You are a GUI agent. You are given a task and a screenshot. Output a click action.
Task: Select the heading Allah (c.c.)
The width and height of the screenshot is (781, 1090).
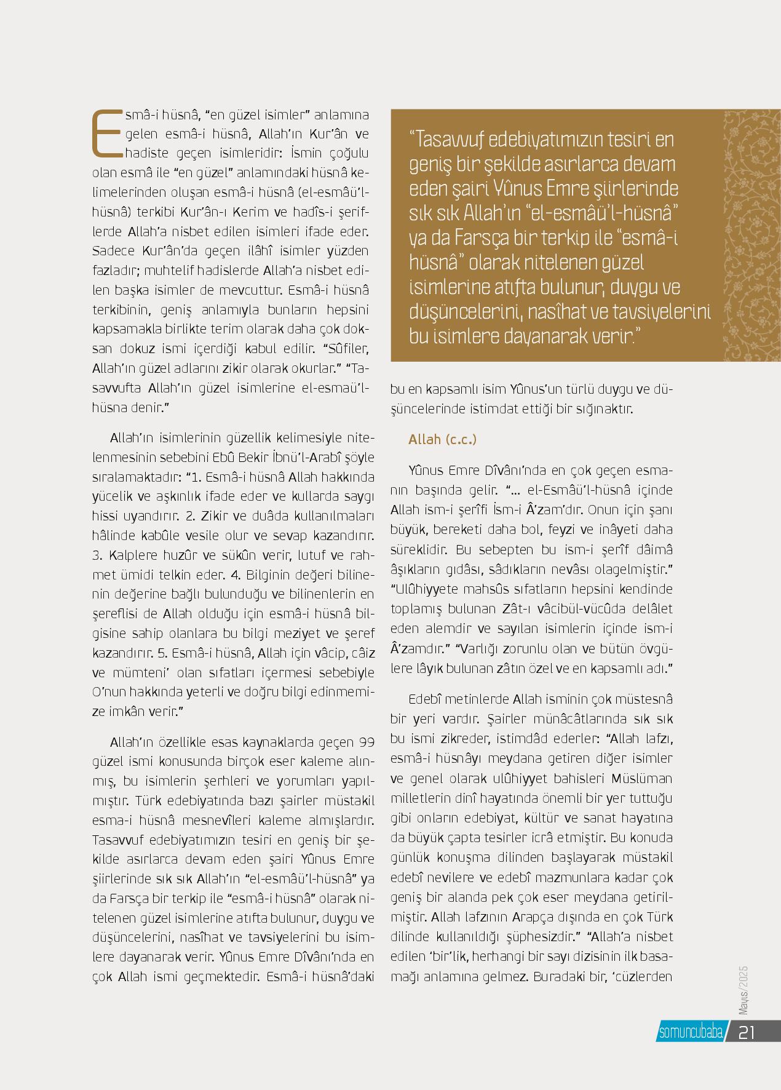pyautogui.click(x=442, y=439)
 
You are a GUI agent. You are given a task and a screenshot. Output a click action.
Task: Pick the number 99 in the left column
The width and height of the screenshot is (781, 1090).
pyautogui.click(x=367, y=741)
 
